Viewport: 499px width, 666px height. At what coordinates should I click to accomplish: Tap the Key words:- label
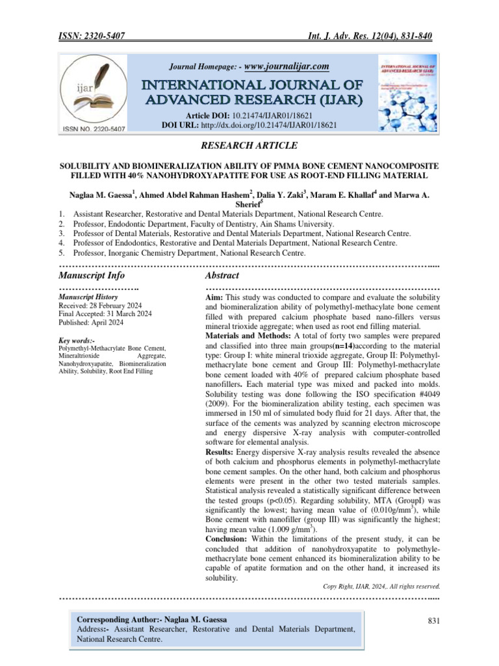tap(77, 341)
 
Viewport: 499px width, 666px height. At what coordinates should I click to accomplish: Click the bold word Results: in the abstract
tap(220, 451)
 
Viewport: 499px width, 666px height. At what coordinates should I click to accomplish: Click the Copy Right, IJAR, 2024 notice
tap(382, 585)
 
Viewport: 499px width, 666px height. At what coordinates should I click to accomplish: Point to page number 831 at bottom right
tap(434, 622)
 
